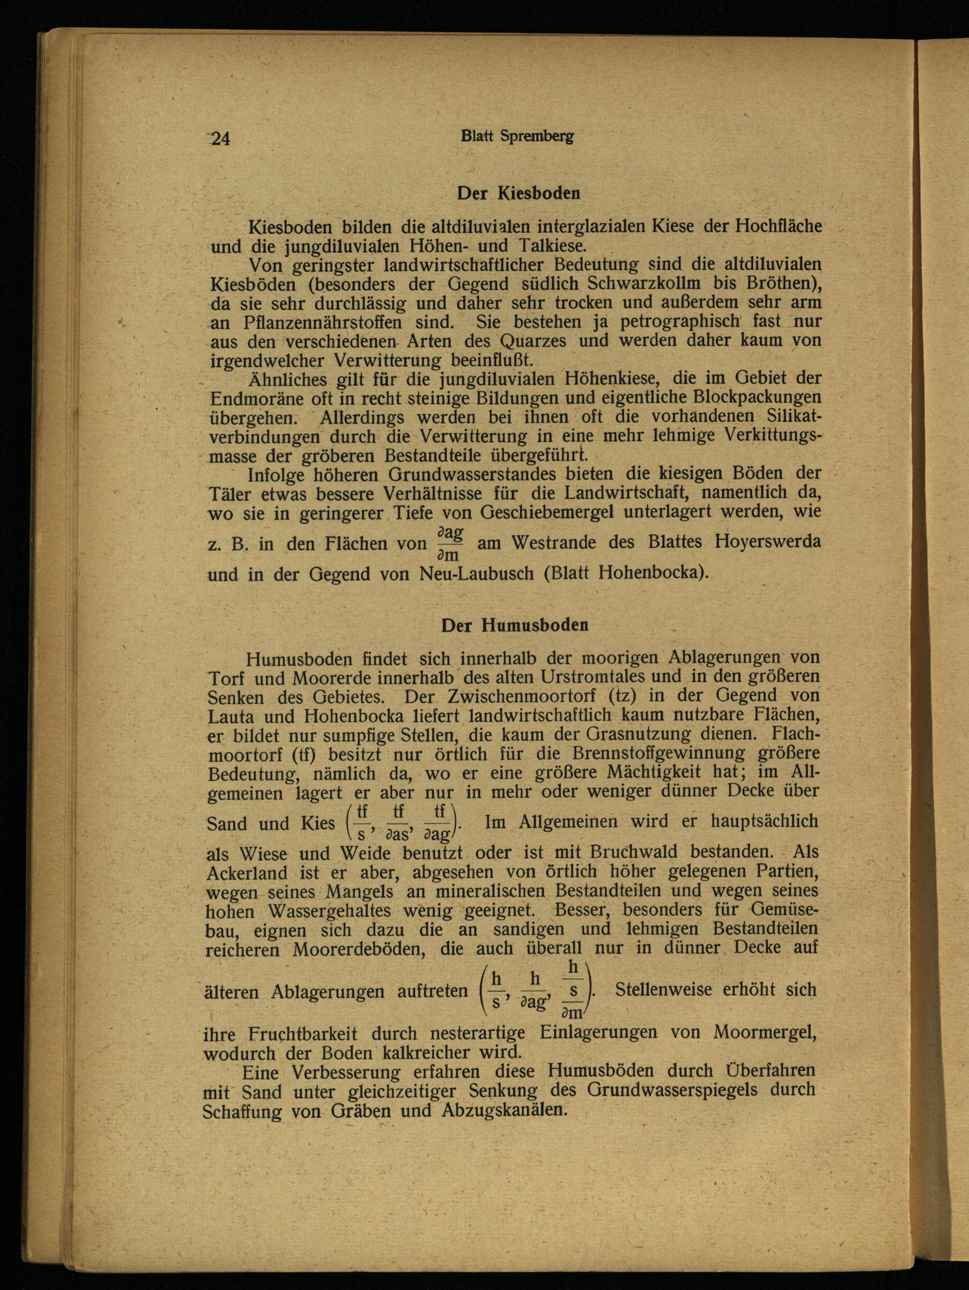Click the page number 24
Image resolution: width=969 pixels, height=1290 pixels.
point(220,139)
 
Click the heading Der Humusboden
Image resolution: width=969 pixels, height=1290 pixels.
point(514,625)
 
